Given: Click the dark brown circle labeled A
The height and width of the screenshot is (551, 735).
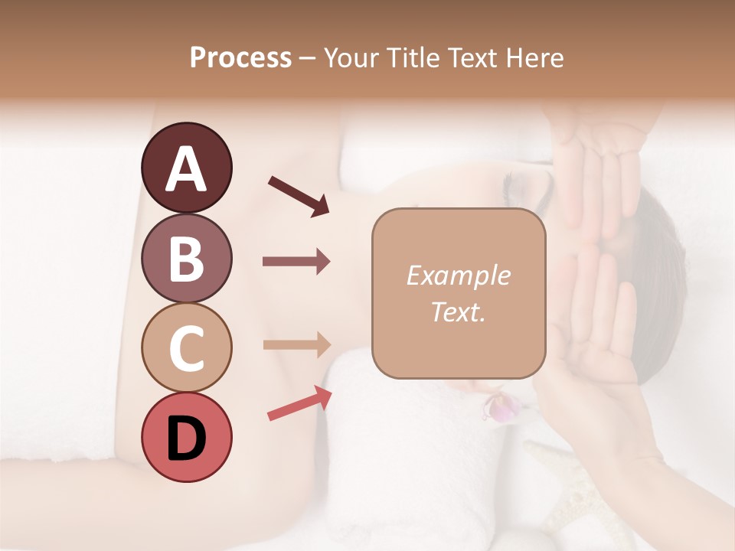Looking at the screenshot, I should [186, 168].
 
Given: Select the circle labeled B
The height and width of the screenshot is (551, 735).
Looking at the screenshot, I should [186, 258].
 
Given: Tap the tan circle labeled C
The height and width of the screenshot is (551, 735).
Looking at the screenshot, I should [186, 348].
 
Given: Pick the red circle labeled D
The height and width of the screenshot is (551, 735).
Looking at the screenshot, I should [186, 437].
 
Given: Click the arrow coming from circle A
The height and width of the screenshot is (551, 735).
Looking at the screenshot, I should [298, 196].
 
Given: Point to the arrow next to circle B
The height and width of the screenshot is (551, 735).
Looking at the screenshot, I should [296, 262].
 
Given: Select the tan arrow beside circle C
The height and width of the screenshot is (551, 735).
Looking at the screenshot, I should [296, 344].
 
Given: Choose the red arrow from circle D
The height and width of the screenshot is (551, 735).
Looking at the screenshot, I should [299, 403].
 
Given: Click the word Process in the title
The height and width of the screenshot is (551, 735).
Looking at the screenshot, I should [240, 58].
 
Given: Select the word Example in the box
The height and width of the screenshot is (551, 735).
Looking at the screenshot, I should [458, 275].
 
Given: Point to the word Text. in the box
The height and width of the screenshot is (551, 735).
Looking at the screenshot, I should [458, 311].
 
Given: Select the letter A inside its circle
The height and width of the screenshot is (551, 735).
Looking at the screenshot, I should [186, 169].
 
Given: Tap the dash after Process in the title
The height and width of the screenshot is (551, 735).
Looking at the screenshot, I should [307, 59].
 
